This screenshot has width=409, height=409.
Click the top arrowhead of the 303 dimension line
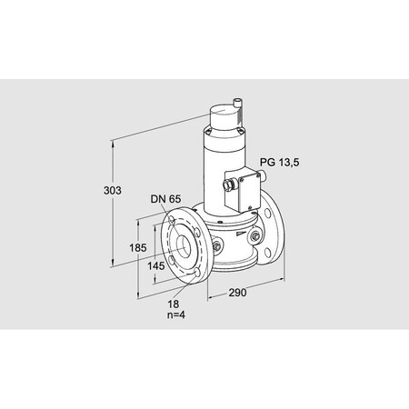point(113,141)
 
